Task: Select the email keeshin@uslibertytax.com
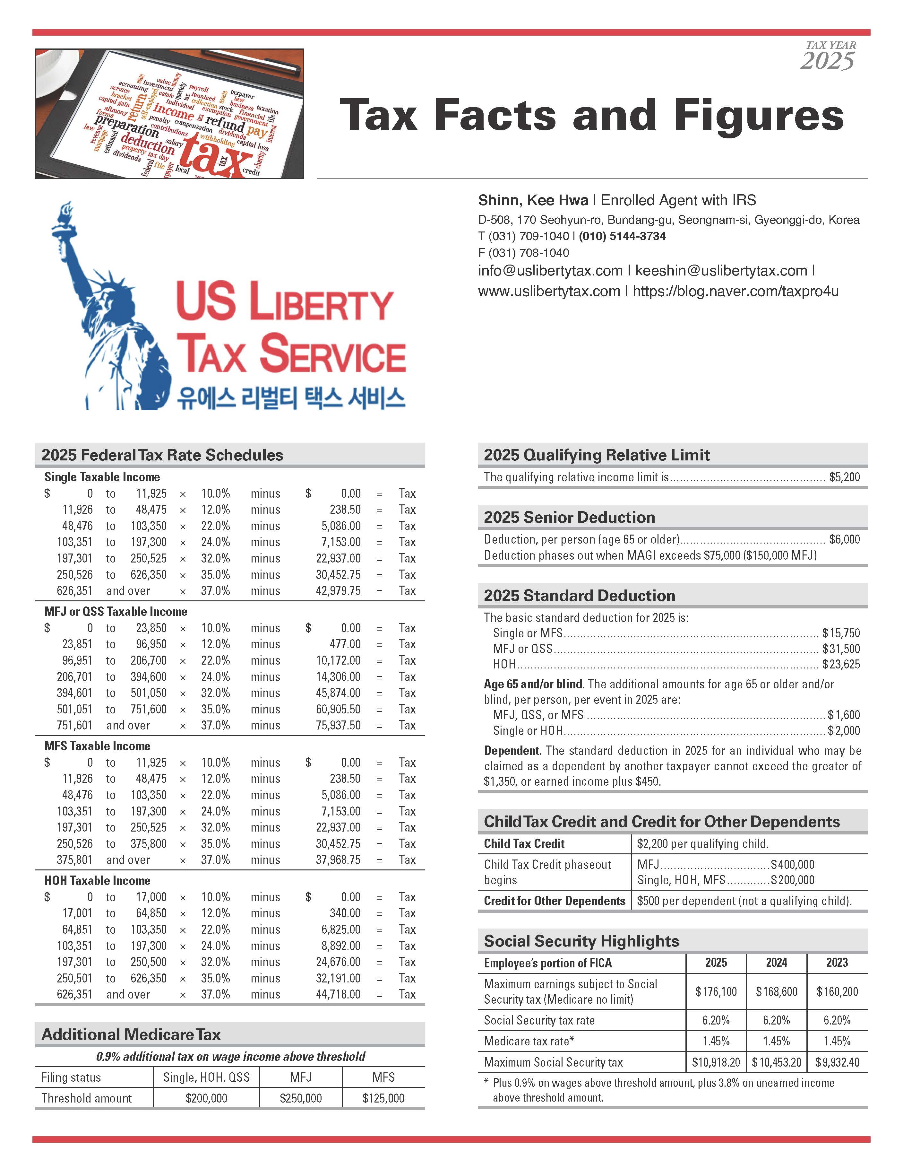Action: click(721, 271)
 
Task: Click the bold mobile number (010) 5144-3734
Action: click(622, 236)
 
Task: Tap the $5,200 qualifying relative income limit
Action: click(844, 477)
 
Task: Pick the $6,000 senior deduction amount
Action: click(844, 539)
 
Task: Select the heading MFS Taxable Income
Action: click(97, 746)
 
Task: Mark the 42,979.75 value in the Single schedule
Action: click(338, 591)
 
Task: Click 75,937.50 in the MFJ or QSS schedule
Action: click(338, 725)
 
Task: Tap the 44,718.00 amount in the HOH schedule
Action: click(338, 995)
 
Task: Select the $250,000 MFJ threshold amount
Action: click(301, 1098)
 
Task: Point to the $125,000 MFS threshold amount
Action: click(383, 1098)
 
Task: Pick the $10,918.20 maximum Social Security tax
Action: click(716, 1062)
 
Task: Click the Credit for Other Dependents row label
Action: click(554, 901)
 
